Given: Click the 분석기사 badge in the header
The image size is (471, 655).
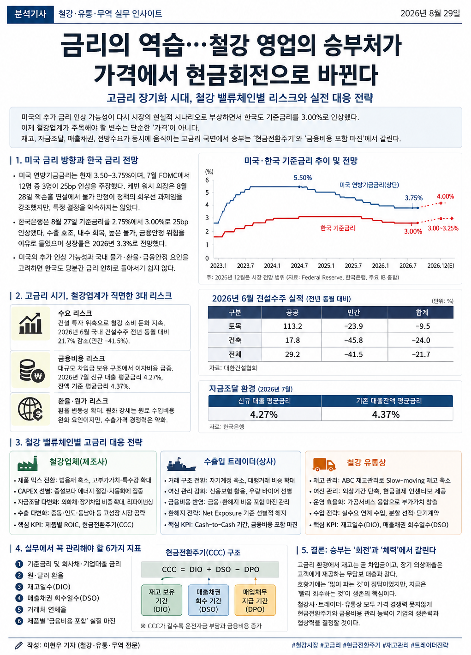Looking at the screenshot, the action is point(30,14).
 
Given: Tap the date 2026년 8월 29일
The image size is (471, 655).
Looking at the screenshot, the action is point(430,13).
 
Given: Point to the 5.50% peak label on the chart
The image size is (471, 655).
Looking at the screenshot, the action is point(303,178).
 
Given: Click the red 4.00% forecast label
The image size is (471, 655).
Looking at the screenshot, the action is point(445,196).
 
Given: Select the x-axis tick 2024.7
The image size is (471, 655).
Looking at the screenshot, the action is point(299,265).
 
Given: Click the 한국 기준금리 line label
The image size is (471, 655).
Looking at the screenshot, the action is point(338,228).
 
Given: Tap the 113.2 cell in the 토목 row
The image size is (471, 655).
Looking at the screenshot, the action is point(292,326).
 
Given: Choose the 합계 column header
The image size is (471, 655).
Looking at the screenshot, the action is point(422,312).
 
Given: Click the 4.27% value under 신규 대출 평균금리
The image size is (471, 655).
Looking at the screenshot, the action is point(263,415).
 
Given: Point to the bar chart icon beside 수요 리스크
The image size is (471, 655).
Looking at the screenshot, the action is point(31,324).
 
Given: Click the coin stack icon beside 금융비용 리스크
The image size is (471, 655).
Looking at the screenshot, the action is point(31,371).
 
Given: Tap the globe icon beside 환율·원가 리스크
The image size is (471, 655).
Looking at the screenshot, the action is point(30,409).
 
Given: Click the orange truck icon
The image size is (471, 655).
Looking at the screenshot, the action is point(324,464).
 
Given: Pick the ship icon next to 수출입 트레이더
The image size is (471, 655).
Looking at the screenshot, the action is point(181,464).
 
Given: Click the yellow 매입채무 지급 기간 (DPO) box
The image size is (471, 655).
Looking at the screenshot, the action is point(255,601).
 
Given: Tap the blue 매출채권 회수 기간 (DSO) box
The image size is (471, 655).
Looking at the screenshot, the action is point(209,601).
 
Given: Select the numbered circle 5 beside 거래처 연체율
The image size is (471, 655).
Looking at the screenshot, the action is point(19,609).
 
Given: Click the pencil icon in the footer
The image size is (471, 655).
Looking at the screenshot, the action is point(19,645).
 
